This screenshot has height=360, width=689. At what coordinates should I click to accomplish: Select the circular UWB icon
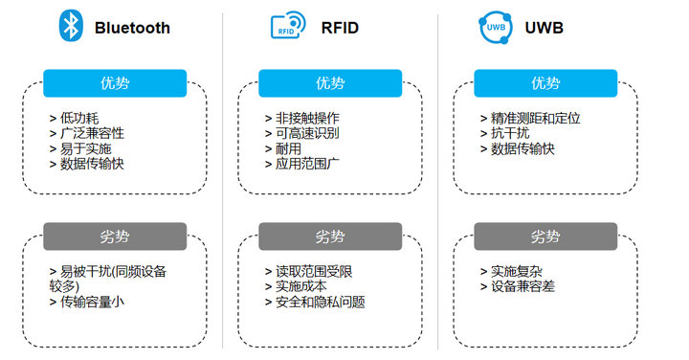[x=495, y=28]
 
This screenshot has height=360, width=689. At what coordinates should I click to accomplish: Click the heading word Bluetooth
[x=132, y=28]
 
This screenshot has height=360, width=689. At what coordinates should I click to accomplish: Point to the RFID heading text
[x=340, y=28]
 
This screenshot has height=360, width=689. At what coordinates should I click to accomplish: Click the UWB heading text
[x=544, y=28]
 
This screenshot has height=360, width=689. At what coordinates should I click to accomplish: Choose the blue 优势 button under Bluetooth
[x=115, y=83]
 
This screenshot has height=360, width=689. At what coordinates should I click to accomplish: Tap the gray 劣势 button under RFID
[x=330, y=236]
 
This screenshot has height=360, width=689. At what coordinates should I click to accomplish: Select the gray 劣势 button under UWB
[x=545, y=236]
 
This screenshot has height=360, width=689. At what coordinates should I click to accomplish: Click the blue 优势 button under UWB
[x=545, y=83]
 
